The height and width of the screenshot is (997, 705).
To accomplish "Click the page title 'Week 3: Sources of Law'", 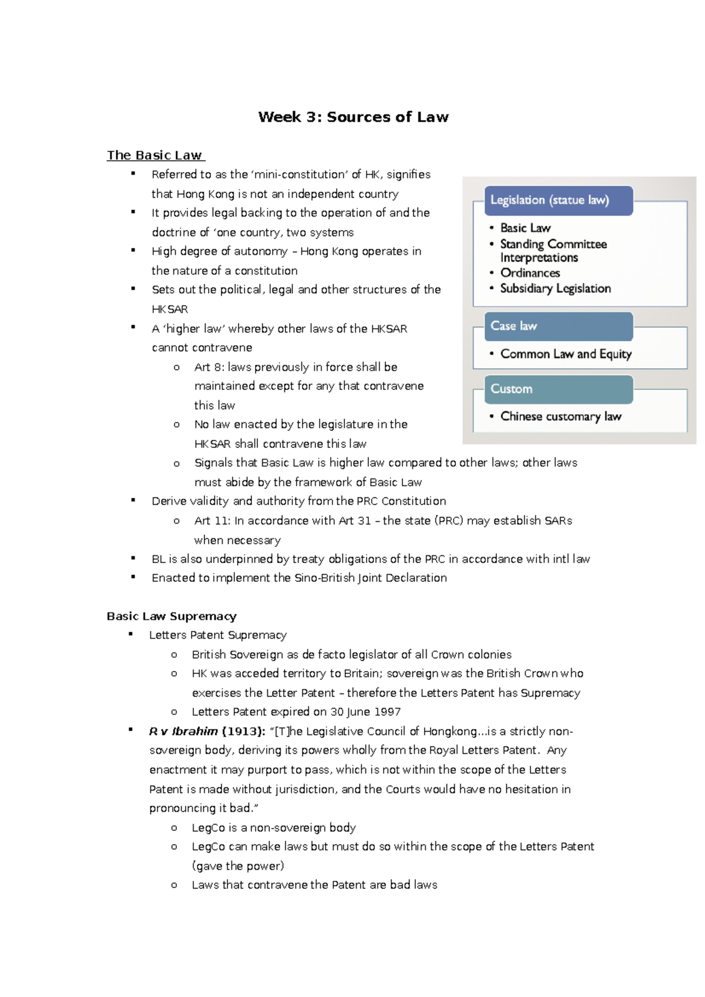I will (353, 117).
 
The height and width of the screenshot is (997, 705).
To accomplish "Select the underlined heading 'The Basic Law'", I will (155, 155).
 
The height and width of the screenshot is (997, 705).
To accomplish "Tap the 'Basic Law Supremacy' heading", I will (172, 616).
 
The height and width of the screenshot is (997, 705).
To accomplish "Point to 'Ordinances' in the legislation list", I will (530, 273).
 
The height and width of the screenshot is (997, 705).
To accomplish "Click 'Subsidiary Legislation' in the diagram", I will (555, 288).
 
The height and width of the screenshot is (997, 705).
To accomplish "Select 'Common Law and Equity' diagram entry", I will (566, 354).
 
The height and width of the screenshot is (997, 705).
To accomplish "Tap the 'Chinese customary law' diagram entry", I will (560, 416).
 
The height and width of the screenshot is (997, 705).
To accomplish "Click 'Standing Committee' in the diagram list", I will (553, 244).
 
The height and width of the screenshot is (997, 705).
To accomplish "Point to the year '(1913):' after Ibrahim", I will (243, 731).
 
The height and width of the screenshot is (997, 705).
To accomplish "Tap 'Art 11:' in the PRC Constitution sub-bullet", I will (212, 520).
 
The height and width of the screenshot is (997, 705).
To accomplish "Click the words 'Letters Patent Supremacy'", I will (218, 635).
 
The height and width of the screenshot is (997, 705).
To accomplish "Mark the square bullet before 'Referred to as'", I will (133, 173).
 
